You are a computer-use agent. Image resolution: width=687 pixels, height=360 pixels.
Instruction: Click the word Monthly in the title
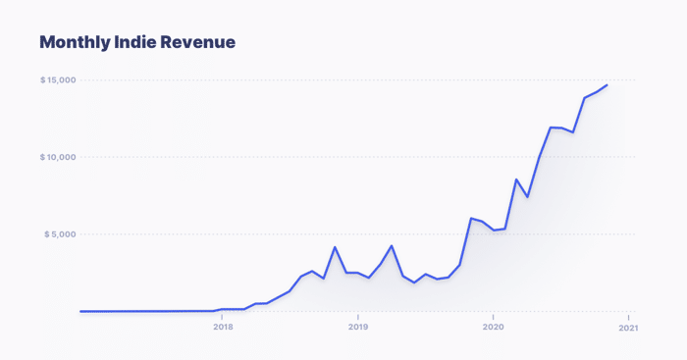tap(75, 42)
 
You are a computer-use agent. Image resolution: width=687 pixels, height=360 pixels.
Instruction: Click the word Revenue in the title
tap(197, 42)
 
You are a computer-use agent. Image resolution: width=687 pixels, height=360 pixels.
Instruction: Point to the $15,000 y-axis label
tap(58, 80)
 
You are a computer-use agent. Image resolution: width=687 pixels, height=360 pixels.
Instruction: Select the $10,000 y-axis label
tap(58, 157)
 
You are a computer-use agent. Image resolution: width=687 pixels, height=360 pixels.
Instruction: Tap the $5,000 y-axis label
tap(60, 234)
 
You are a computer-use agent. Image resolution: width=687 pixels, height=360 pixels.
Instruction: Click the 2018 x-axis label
tap(223, 328)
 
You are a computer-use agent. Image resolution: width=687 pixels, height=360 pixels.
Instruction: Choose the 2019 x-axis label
tap(358, 328)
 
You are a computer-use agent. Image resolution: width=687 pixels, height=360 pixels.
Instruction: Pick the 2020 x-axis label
tap(493, 328)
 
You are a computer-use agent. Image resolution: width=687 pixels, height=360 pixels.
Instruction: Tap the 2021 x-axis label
tap(628, 328)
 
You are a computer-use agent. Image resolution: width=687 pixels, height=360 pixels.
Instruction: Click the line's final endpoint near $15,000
tap(607, 85)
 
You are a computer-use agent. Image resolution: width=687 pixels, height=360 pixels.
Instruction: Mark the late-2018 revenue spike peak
tap(336, 247)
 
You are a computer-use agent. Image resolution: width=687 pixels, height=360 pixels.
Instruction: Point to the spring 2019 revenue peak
tap(392, 245)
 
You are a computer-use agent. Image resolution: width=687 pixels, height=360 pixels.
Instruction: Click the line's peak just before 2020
tap(471, 218)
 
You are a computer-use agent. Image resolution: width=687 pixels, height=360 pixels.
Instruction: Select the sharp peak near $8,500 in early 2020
tap(516, 180)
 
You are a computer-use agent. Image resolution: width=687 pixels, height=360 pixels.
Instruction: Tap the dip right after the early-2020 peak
tap(528, 196)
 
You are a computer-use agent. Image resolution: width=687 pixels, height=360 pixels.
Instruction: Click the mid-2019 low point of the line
tap(414, 283)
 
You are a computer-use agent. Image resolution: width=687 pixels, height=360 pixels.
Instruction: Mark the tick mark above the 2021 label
tap(628, 318)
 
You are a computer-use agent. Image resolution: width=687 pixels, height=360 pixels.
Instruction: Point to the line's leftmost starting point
tap(80, 311)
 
